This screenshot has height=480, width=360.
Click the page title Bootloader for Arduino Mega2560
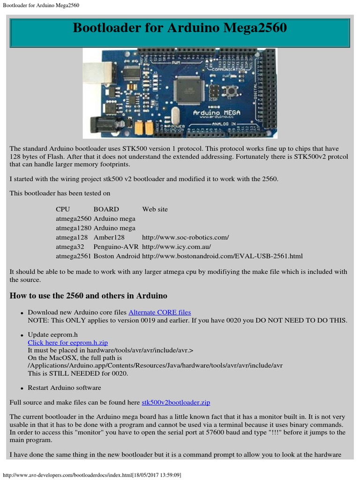pos(180,29)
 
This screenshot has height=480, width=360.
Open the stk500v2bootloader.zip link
pos(176,402)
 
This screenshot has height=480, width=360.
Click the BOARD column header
pos(106,209)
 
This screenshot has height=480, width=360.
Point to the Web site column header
pos(155,209)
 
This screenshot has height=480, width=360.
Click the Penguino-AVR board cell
pos(116,247)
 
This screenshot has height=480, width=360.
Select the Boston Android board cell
pos(117,256)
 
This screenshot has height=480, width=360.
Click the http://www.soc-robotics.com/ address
pos(185,237)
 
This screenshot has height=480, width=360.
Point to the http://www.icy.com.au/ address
pos(176,247)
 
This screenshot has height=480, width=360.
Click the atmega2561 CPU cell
pos(74,256)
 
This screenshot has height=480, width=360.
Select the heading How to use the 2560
pos(89,296)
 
